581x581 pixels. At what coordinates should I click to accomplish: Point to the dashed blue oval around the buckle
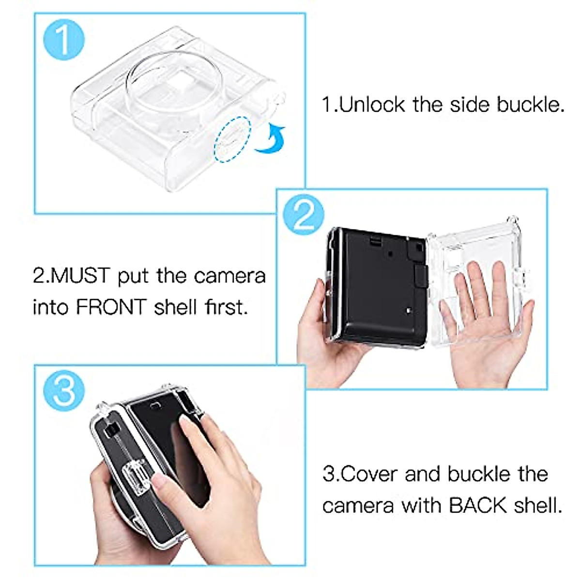coord(233,139)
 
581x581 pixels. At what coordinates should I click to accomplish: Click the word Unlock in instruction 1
coord(371,105)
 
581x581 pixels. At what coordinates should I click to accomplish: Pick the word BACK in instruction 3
coord(478,505)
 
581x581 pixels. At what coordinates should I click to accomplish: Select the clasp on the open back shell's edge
coord(519,281)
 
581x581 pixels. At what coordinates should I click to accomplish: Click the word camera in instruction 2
coord(229,276)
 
